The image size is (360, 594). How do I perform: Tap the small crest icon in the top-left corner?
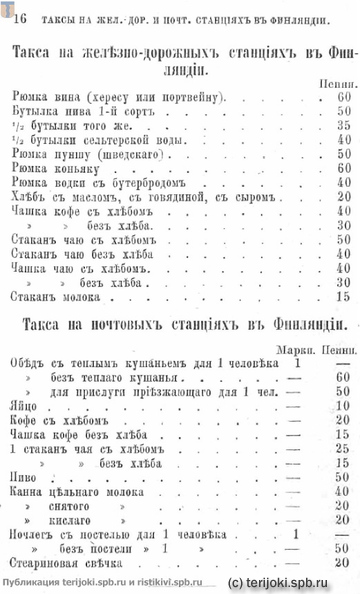(5, 7)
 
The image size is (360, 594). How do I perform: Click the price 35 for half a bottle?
(343, 126)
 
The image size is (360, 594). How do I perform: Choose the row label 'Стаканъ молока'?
(60, 297)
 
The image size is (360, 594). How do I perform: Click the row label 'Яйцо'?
(26, 406)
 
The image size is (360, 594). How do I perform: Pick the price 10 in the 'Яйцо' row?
(343, 406)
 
